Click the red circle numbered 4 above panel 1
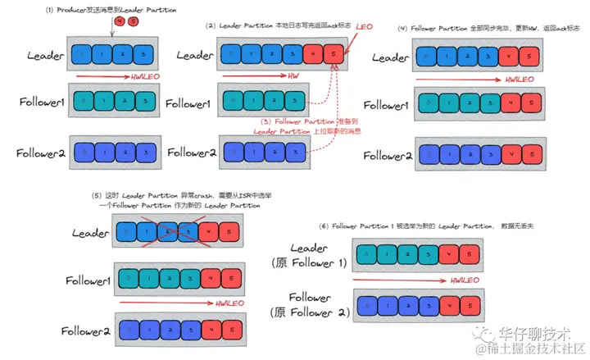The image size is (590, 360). coord(120,21)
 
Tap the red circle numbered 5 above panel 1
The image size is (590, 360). coord(132,21)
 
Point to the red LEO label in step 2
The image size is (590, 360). coord(364,28)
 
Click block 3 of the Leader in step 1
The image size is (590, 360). coord(144,56)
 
